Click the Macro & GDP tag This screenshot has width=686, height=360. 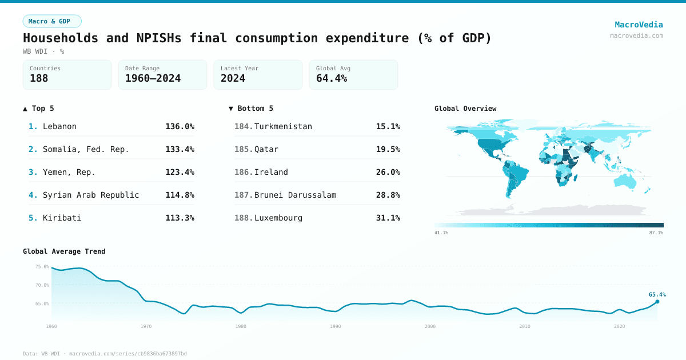(x=52, y=21)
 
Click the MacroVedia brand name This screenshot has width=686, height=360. (x=639, y=25)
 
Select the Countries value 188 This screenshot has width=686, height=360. (x=39, y=78)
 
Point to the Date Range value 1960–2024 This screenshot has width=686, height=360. (x=153, y=78)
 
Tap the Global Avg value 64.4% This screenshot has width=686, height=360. (x=332, y=78)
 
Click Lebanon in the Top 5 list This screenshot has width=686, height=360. (x=59, y=126)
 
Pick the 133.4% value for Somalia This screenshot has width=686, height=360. (x=180, y=149)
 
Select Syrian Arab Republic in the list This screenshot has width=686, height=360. (x=91, y=195)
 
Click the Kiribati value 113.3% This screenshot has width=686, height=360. (x=180, y=218)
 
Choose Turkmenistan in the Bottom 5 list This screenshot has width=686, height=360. (x=283, y=126)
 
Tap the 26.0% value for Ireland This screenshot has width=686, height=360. (x=388, y=172)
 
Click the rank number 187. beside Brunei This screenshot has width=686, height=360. (x=243, y=195)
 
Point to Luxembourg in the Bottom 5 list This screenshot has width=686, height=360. (x=278, y=218)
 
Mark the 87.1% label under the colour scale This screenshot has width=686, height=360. (x=656, y=233)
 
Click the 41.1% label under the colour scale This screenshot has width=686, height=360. (x=441, y=233)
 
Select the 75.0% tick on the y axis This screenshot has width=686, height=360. (x=42, y=267)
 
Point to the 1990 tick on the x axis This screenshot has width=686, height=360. (x=335, y=326)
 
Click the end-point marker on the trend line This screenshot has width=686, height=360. (x=657, y=301)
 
